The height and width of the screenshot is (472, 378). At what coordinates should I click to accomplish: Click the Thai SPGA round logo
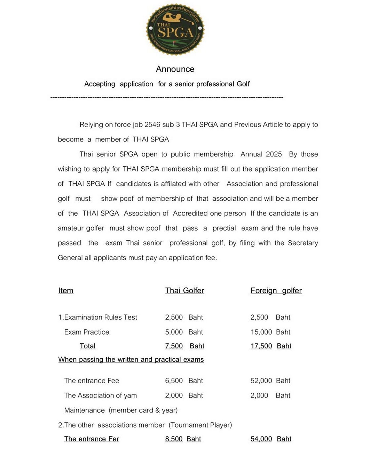point(175,30)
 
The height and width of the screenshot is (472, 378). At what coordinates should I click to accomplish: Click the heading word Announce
point(175,69)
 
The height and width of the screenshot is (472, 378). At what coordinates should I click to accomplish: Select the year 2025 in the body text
point(274,154)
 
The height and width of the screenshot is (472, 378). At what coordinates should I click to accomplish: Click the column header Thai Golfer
point(184,291)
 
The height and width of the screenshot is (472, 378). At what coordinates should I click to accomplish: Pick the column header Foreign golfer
point(276,291)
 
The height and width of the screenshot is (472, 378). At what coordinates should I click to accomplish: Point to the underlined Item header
point(66,291)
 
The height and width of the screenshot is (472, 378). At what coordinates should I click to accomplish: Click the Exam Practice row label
point(87,332)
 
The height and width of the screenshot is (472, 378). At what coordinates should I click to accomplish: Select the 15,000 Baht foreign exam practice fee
point(270,332)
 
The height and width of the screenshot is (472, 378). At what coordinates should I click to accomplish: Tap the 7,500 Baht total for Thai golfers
point(184,346)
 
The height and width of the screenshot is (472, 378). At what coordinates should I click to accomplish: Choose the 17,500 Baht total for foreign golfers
point(271,346)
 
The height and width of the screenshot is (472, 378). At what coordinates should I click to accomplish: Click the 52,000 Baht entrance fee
point(270,381)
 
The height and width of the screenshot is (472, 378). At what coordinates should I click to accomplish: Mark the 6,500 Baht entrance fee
point(184,381)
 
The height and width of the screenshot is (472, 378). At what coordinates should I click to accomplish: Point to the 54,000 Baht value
point(271,439)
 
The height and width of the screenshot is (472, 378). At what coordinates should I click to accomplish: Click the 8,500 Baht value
point(183,439)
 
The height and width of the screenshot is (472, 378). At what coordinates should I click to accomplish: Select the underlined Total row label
point(87,346)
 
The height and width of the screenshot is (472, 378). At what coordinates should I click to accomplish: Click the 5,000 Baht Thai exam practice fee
point(184,332)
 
